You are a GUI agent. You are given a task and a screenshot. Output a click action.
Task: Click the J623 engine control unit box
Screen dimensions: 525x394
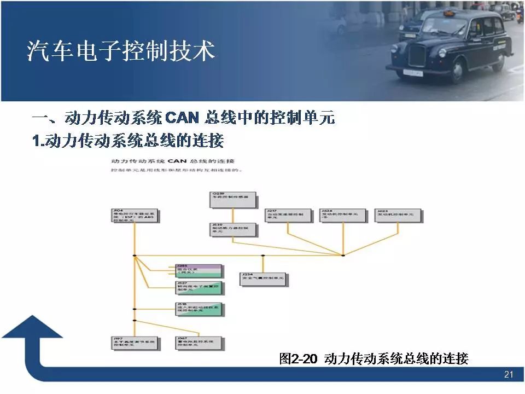(398, 215)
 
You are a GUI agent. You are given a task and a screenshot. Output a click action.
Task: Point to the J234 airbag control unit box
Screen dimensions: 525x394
(264, 279)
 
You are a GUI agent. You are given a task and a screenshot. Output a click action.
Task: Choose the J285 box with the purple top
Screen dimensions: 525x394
(199, 270)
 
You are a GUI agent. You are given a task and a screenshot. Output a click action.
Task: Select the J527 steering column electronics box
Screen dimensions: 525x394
(199, 287)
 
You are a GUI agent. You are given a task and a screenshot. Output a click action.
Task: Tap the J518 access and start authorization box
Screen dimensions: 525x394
(199, 308)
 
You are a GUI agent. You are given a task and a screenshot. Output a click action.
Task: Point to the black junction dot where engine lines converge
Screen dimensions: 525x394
(343, 255)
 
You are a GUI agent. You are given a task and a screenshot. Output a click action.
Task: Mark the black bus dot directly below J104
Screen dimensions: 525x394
(134, 256)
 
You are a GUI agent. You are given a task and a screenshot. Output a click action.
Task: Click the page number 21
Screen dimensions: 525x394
(508, 375)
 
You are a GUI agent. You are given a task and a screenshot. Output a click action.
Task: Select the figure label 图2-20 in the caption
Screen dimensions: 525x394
(298, 359)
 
